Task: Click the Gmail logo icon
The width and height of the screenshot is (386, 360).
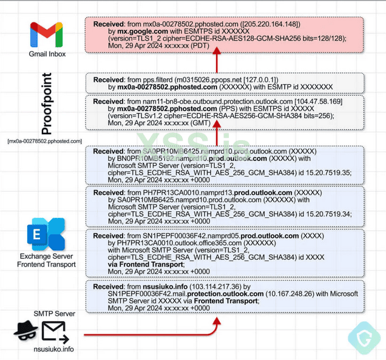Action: pyautogui.click(x=47, y=35)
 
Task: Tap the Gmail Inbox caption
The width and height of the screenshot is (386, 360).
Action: pyautogui.click(x=47, y=54)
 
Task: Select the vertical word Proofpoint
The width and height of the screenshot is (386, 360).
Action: pyautogui.click(x=47, y=104)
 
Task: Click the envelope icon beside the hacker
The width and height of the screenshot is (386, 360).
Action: pyautogui.click(x=54, y=331)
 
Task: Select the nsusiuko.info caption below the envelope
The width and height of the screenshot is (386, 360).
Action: pyautogui.click(x=53, y=350)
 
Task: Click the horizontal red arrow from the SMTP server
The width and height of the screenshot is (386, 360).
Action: pyautogui.click(x=146, y=335)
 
